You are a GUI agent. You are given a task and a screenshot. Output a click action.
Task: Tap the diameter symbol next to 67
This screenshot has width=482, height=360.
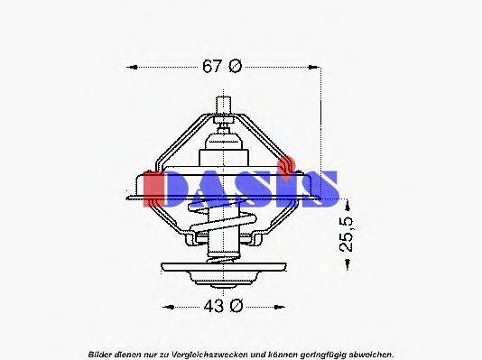click(236, 66)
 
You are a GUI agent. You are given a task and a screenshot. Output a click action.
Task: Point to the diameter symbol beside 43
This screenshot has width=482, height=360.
click(235, 306)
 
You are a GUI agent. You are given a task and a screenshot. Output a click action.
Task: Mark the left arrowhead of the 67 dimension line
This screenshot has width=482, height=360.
click(134, 66)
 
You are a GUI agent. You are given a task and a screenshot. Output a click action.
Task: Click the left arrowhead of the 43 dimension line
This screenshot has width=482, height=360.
click(165, 306)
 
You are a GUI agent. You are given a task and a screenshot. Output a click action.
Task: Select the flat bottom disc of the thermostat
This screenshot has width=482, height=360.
click(222, 268)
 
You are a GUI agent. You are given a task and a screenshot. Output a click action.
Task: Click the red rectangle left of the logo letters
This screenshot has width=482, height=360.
click(154, 186)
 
